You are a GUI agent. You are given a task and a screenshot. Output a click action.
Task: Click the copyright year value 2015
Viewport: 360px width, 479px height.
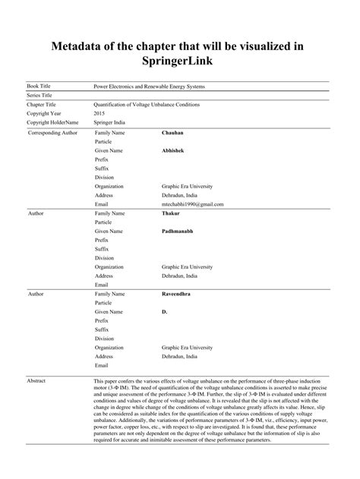pos(99,113)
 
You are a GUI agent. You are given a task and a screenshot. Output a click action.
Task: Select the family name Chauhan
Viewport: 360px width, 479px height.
pos(173,133)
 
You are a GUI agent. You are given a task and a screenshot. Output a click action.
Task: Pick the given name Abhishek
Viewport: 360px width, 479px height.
pos(173,150)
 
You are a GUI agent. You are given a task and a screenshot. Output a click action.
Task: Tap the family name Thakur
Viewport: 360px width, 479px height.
pos(171,213)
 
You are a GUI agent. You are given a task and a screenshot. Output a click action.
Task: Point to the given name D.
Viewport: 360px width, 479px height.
pos(164,310)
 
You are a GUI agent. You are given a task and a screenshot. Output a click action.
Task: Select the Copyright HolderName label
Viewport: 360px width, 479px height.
pos(52,121)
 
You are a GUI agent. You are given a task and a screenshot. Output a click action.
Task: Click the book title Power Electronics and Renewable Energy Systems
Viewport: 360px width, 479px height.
pos(149,87)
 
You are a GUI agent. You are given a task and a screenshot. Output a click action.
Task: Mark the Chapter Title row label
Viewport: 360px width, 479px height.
pos(43,104)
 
